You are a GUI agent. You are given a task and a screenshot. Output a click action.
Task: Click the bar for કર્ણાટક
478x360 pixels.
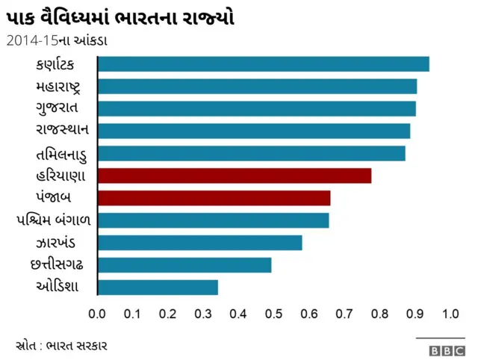coord(263,64)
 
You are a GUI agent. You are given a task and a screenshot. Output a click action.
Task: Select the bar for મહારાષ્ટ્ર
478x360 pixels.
coord(257,87)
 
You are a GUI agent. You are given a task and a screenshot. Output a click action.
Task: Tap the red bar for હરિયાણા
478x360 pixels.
coord(234,176)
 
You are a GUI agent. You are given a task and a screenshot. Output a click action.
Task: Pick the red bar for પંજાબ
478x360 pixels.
coord(214,198)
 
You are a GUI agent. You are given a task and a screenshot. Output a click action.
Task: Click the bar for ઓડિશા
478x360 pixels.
coord(158,288)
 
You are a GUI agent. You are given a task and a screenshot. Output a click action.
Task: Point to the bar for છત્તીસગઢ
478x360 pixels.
coord(184,265)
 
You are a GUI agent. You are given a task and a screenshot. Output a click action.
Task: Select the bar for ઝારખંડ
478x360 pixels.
coord(199,243)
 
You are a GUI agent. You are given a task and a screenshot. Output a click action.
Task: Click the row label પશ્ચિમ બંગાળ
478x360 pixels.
coord(53,220)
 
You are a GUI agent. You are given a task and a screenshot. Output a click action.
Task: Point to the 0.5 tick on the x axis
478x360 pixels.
coord(274,313)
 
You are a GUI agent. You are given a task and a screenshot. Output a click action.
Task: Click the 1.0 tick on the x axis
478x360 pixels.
coord(450,313)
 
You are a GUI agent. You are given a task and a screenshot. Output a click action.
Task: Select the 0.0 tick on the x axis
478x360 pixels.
coord(97,313)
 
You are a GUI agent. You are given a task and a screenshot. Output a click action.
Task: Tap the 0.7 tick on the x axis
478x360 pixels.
coord(344,313)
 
